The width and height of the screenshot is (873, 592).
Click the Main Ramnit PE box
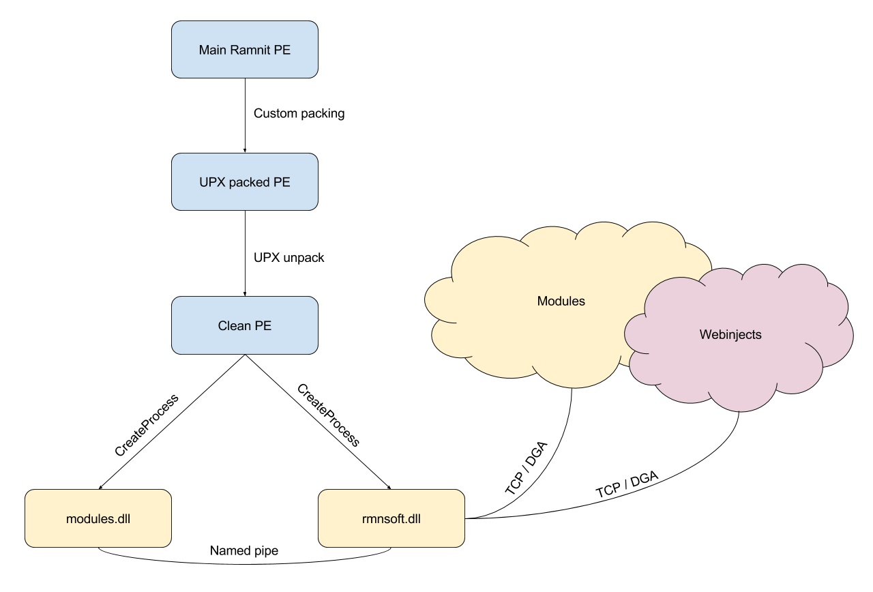[244, 50]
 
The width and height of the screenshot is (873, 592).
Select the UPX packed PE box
[244, 182]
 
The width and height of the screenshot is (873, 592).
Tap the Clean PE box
[244, 325]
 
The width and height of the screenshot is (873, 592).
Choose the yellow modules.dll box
[98, 518]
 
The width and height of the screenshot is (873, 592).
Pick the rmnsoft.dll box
[391, 518]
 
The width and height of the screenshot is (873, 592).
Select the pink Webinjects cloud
[737, 361]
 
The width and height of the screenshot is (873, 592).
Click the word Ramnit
[251, 50]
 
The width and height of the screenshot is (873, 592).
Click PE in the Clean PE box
[263, 325]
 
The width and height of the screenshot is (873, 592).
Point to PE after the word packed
[282, 182]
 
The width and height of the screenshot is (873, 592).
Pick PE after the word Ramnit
[282, 50]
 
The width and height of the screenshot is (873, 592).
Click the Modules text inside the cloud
[561, 301]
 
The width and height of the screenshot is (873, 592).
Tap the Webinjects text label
[730, 335]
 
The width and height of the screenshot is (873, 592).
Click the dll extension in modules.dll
[123, 518]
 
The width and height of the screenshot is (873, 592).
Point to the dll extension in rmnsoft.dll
[413, 518]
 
